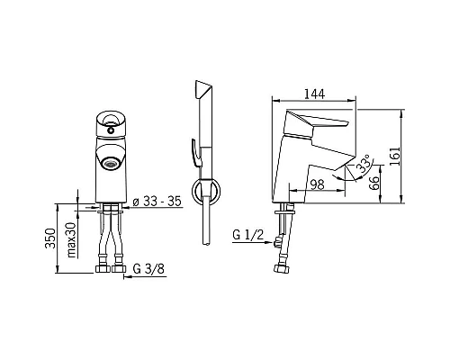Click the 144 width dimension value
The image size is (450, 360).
(x=314, y=94)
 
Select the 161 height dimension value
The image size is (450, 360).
(x=395, y=156)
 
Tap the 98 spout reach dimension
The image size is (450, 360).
(x=317, y=184)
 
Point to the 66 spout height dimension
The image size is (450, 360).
(x=373, y=183)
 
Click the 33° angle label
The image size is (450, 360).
(x=364, y=164)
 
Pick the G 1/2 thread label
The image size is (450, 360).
(x=248, y=235)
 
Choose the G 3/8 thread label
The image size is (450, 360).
(x=148, y=269)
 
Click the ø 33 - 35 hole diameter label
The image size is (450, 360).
(x=157, y=202)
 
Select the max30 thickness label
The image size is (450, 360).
(x=71, y=240)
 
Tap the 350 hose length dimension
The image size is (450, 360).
(x=50, y=238)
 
